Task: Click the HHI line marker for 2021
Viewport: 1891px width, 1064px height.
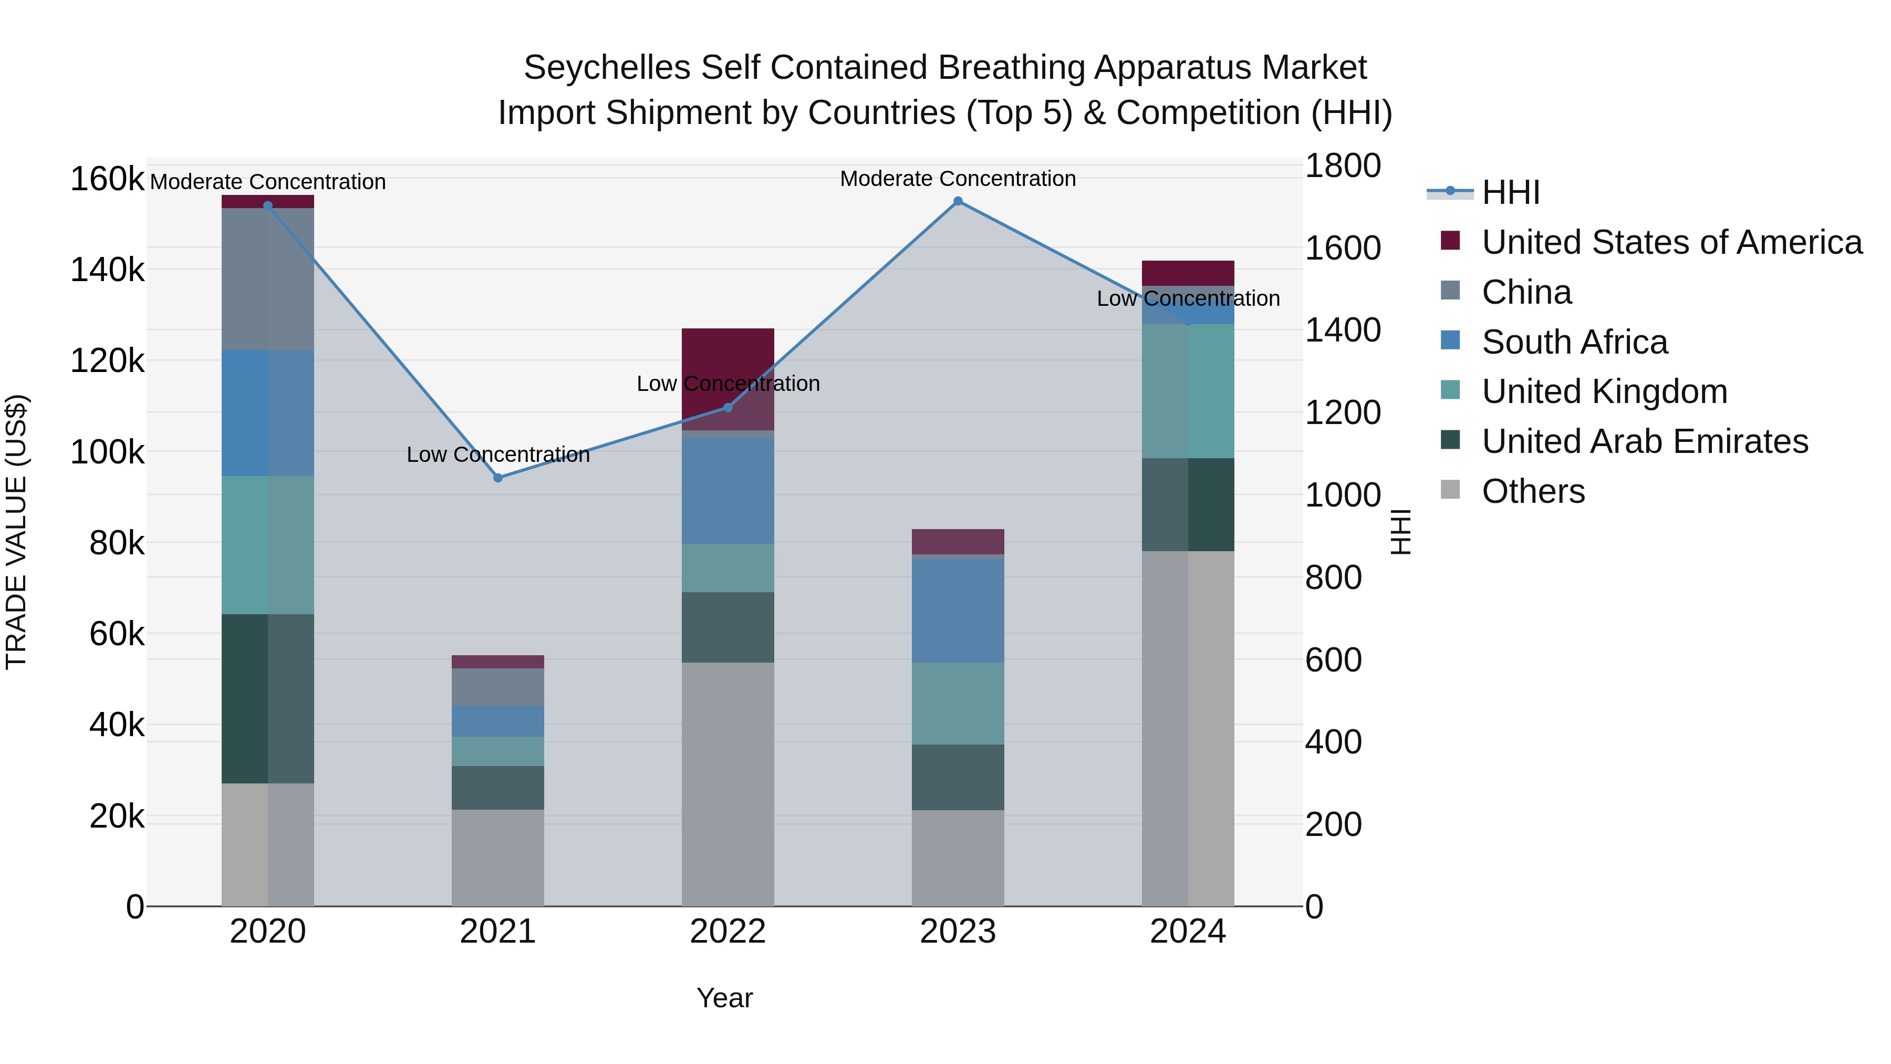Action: pos(498,478)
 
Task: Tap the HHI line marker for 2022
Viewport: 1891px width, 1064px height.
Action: pos(728,408)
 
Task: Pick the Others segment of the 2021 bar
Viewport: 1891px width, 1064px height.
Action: pos(498,858)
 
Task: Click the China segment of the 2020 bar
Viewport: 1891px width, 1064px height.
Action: pos(268,279)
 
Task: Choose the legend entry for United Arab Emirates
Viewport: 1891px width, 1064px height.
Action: pos(1644,442)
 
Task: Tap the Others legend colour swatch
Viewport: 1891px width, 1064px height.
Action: pos(1450,490)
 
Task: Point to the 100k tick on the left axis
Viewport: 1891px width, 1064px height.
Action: pos(107,452)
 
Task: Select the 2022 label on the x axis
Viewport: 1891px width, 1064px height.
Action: pos(728,932)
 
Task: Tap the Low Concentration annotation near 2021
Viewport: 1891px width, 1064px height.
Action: pos(498,454)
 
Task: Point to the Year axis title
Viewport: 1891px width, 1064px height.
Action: pos(724,998)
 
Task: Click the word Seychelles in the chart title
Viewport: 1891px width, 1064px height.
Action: pos(606,68)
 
